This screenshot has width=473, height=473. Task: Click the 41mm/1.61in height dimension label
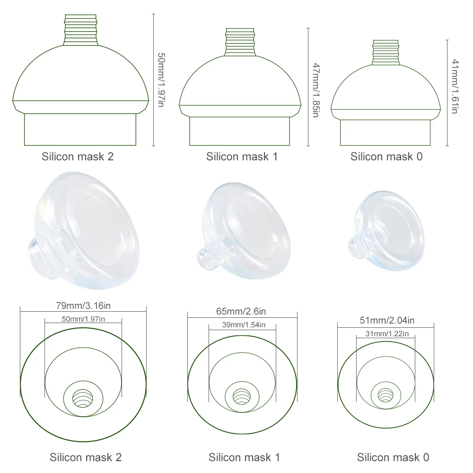(x=455, y=86)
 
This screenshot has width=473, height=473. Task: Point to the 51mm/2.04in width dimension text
(x=385, y=321)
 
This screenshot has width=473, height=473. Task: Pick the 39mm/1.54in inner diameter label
(x=243, y=324)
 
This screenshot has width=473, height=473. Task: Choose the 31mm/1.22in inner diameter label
(x=385, y=334)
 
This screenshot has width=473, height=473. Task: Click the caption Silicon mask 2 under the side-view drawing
(x=78, y=157)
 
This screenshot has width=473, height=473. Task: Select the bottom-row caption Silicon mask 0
(x=393, y=457)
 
